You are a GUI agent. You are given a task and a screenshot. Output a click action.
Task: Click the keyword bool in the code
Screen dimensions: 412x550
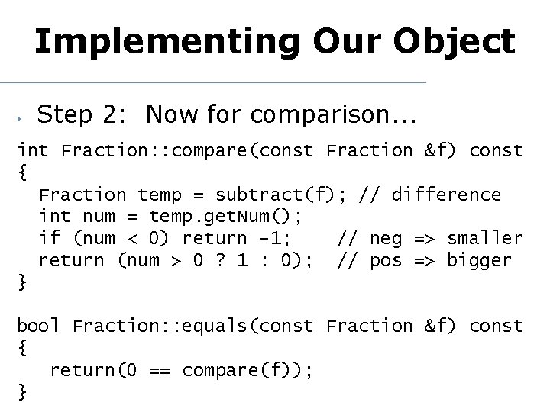click(x=38, y=326)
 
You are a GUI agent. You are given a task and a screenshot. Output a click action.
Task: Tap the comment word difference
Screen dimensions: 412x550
click(x=446, y=195)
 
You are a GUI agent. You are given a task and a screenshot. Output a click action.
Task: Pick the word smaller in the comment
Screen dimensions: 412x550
click(x=484, y=239)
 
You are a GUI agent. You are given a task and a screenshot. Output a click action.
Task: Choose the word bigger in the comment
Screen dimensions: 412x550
click(x=479, y=260)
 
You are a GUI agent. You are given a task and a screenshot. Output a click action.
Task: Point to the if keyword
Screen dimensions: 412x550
click(x=49, y=239)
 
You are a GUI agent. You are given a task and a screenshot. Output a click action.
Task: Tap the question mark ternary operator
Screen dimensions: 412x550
click(x=219, y=260)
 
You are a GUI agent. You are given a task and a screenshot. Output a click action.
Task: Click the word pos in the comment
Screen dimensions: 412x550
click(x=386, y=260)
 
